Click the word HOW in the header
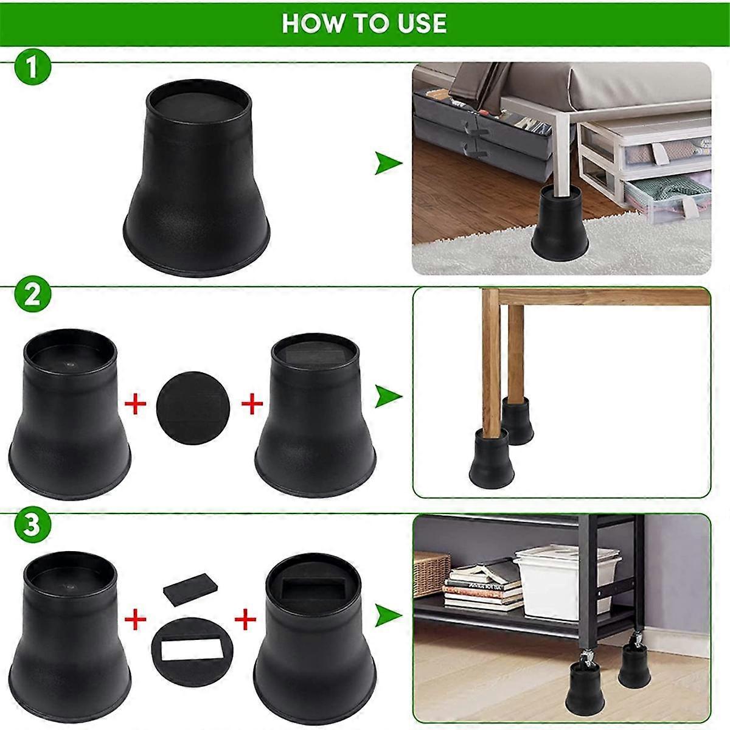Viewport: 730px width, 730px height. [310, 23]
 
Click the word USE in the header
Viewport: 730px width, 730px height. [420, 23]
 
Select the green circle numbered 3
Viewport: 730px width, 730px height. [30, 526]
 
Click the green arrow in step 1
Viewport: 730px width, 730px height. [388, 164]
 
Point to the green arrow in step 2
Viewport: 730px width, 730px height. [388, 396]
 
